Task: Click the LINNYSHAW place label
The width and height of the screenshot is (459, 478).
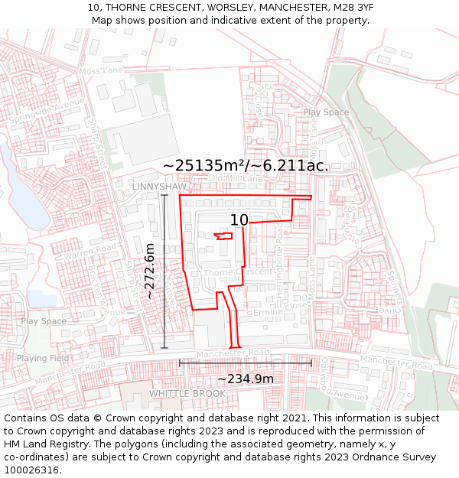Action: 159,187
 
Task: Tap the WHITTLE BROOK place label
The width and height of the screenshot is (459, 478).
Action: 187,394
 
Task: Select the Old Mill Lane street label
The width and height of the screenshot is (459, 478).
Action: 236,178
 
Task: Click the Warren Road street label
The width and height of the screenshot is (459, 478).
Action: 90,250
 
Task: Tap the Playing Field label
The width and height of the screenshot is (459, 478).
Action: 43,358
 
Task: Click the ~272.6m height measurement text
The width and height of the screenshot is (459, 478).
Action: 151,272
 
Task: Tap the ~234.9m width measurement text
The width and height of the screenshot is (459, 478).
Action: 246,379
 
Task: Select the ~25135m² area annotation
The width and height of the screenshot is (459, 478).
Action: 246,165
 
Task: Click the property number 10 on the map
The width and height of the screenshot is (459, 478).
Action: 239,220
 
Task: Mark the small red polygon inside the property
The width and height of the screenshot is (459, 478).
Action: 223,236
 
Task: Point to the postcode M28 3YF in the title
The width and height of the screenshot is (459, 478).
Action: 348,8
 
